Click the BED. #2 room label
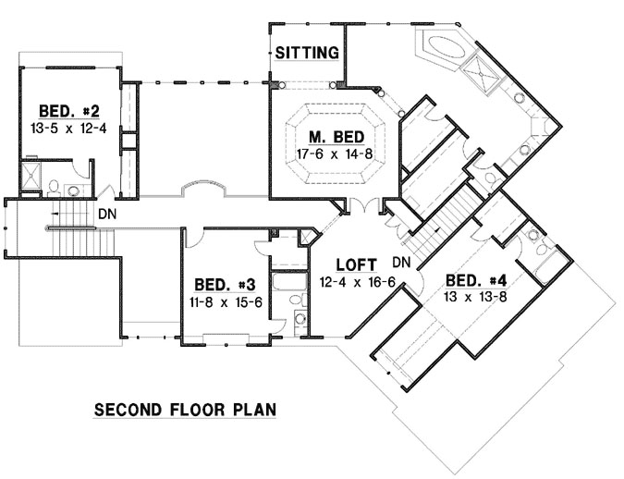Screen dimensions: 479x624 (x=63, y=109)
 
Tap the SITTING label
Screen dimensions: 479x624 (x=306, y=54)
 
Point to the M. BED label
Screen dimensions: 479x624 (x=335, y=137)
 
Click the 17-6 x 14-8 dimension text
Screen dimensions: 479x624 (x=335, y=154)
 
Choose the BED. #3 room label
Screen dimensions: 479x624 (x=217, y=284)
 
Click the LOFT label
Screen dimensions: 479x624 (x=355, y=263)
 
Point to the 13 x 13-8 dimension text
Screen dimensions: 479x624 (x=475, y=298)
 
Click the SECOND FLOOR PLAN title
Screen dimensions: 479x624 (x=186, y=408)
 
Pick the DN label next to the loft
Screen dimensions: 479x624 (x=401, y=262)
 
